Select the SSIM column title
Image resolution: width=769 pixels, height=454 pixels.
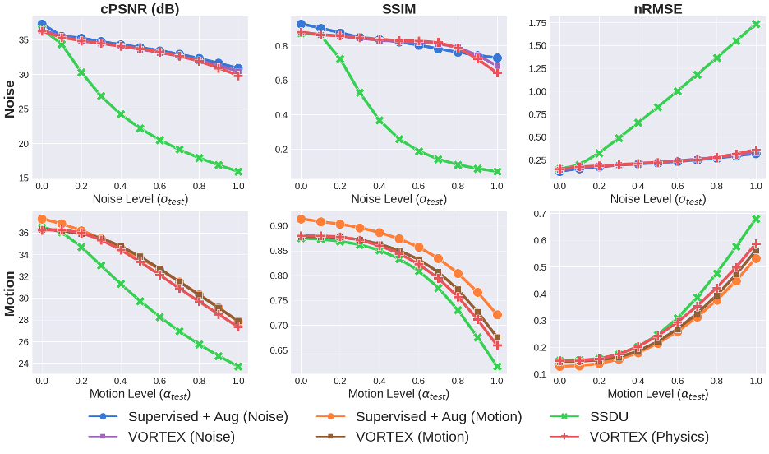pos(399,9)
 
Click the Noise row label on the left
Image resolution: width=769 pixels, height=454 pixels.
pos(11,99)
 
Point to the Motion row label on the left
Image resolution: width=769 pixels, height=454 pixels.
pos(11,294)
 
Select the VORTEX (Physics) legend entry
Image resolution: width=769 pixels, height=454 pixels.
pos(648,437)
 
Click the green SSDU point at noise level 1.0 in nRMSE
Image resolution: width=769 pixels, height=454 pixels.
pos(756,24)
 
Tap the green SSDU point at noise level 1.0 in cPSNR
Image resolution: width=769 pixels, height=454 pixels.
pos(238,172)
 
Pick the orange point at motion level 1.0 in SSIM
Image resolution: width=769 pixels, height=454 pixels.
pos(497,315)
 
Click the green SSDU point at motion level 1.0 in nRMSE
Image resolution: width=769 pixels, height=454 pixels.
pos(756,219)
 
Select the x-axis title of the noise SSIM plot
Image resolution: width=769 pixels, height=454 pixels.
pos(399,200)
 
